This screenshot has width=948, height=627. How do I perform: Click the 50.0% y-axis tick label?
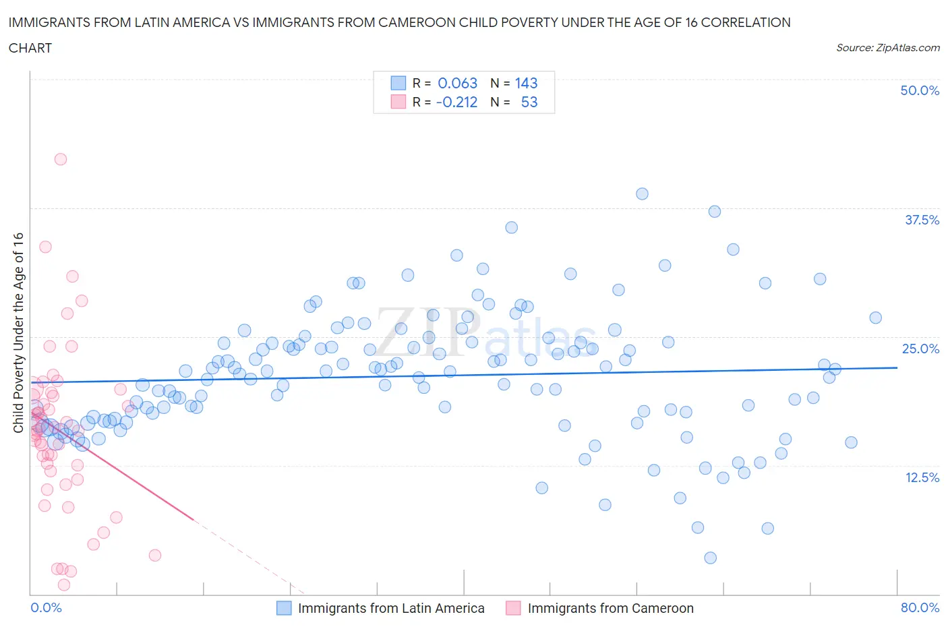coord(920,90)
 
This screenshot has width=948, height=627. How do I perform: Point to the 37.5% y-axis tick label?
coord(922,220)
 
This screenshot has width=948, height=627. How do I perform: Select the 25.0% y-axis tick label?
coord(920,349)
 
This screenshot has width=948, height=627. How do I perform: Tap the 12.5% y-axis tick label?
coord(922,477)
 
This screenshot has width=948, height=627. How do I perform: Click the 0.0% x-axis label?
coord(47,607)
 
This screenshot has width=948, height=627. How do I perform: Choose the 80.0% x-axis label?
coord(920,607)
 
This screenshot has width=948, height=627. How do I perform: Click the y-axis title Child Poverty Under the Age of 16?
coord(18,332)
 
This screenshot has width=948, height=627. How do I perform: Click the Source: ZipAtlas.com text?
coord(887,48)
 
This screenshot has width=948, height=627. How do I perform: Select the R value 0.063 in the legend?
coord(457,83)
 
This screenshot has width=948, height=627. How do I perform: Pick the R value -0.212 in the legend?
coord(456,102)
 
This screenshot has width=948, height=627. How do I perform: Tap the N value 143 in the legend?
coord(526,83)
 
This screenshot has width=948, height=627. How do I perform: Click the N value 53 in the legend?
coord(529,102)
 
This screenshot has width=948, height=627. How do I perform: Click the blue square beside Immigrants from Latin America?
coord(285,608)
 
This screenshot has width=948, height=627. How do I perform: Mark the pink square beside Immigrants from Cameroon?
coord(514,608)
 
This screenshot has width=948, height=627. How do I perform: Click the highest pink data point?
coord(61,159)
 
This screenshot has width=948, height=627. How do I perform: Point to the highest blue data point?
coord(642,194)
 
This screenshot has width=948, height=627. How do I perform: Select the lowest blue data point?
coord(710,558)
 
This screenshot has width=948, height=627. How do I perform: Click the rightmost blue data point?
coord(875,318)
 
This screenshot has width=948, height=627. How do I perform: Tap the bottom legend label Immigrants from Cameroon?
coord(610,608)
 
